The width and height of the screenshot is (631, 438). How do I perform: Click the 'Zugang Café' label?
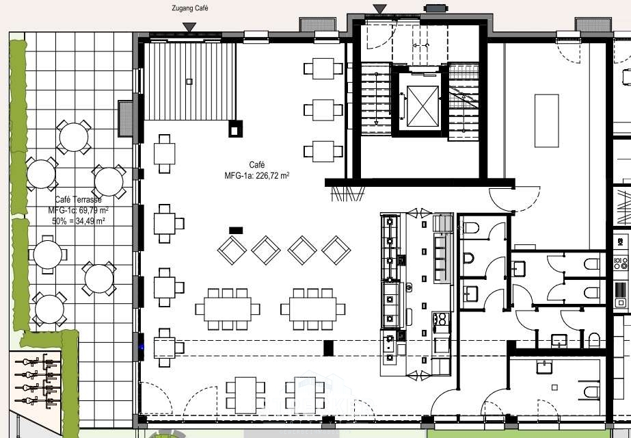pyautogui.click(x=190, y=8)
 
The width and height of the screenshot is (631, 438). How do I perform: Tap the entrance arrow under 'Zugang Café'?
pyautogui.click(x=189, y=27)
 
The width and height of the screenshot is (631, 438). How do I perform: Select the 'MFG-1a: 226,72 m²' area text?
pyautogui.click(x=257, y=176)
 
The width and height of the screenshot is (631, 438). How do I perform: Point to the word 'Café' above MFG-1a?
pyautogui.click(x=257, y=165)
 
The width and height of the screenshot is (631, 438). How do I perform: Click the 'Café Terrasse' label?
pyautogui.click(x=78, y=199)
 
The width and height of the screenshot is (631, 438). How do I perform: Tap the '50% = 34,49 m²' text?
pyautogui.click(x=79, y=221)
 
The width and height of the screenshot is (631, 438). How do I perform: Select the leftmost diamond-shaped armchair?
pyautogui.click(x=232, y=250)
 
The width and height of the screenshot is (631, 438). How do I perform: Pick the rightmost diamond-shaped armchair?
pyautogui.click(x=336, y=250)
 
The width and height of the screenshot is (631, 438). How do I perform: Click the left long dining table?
pyautogui.click(x=228, y=309)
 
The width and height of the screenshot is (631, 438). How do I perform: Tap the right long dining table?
pyautogui.click(x=312, y=309)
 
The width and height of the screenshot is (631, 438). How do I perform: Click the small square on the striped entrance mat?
pyautogui.click(x=189, y=81)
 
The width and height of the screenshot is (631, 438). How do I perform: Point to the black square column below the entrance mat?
pyautogui.click(x=235, y=129)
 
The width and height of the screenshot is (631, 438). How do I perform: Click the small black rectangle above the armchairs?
pyautogui.click(x=236, y=231)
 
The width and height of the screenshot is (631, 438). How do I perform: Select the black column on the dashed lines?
pyautogui.click(x=328, y=348)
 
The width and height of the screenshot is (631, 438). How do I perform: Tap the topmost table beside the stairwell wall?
pyautogui.click(x=323, y=68)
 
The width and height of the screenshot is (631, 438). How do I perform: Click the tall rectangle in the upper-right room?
pyautogui.click(x=546, y=120)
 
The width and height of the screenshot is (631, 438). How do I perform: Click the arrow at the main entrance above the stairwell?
pyautogui.click(x=379, y=9)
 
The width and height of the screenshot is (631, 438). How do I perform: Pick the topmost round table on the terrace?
pyautogui.click(x=74, y=138)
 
